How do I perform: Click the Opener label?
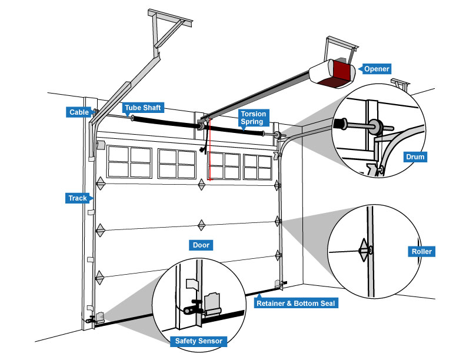tap(377, 69)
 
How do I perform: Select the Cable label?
tap(78, 112)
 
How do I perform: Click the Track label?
tap(77, 198)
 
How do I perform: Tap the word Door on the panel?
tap(201, 245)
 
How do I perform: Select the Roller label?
tap(421, 252)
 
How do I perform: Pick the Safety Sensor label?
tap(197, 341)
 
